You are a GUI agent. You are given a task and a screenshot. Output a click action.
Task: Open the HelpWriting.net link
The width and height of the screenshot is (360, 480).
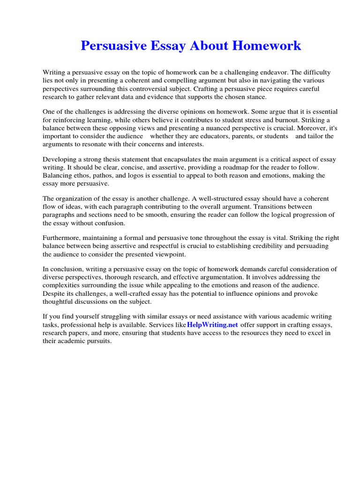point(212,325)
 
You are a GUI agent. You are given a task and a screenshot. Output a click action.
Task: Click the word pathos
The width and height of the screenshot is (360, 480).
point(105,175)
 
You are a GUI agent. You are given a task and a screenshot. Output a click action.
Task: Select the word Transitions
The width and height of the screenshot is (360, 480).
point(264,207)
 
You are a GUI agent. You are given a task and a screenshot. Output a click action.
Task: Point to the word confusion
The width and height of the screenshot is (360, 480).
point(110,223)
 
